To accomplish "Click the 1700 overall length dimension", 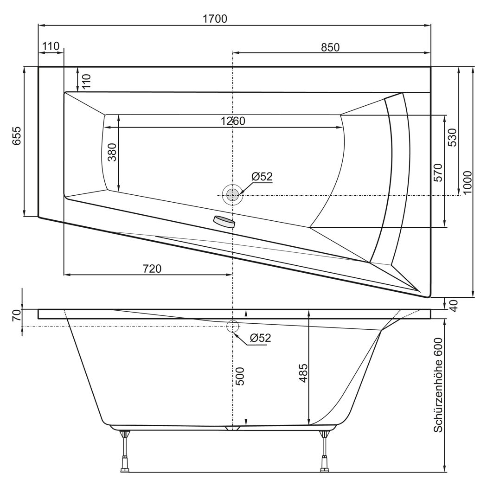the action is pos(215,19).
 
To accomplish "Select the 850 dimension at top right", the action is pos(330,47).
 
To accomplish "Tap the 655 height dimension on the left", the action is pos(17,135).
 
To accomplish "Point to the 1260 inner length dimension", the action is pos(233,121).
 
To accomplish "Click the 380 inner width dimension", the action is pos(112,152).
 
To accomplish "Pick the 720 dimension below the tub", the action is pos(152,269).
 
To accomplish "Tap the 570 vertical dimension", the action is pos(438,173).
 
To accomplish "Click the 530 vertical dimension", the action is pos(453,137).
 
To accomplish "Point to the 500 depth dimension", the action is pos(240,376).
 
